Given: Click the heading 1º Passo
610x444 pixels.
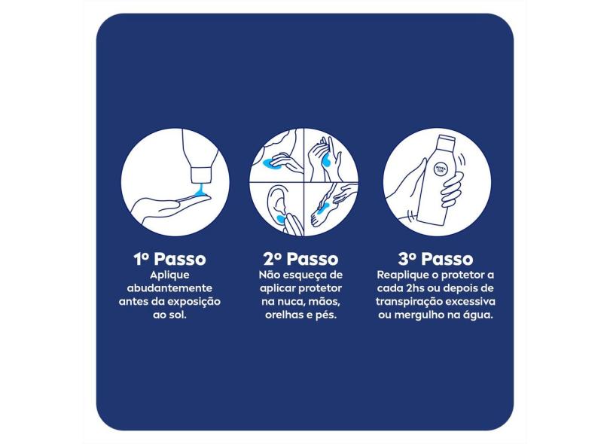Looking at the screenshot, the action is pos(169,259).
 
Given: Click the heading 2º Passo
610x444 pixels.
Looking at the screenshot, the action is pos(300,259).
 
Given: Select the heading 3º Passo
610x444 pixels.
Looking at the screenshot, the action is pos(435,259).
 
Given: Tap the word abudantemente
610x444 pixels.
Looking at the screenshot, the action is pos(169,288).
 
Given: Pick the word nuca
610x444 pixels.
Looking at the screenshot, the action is pos(288,302).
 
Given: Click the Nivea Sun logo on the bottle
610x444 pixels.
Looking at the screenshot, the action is pos(441,168).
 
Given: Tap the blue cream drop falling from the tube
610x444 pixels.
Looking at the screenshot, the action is pos(201,190).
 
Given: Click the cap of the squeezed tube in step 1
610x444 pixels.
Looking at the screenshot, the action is pos(201,175).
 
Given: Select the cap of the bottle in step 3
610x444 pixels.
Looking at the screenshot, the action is pos(447,139).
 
